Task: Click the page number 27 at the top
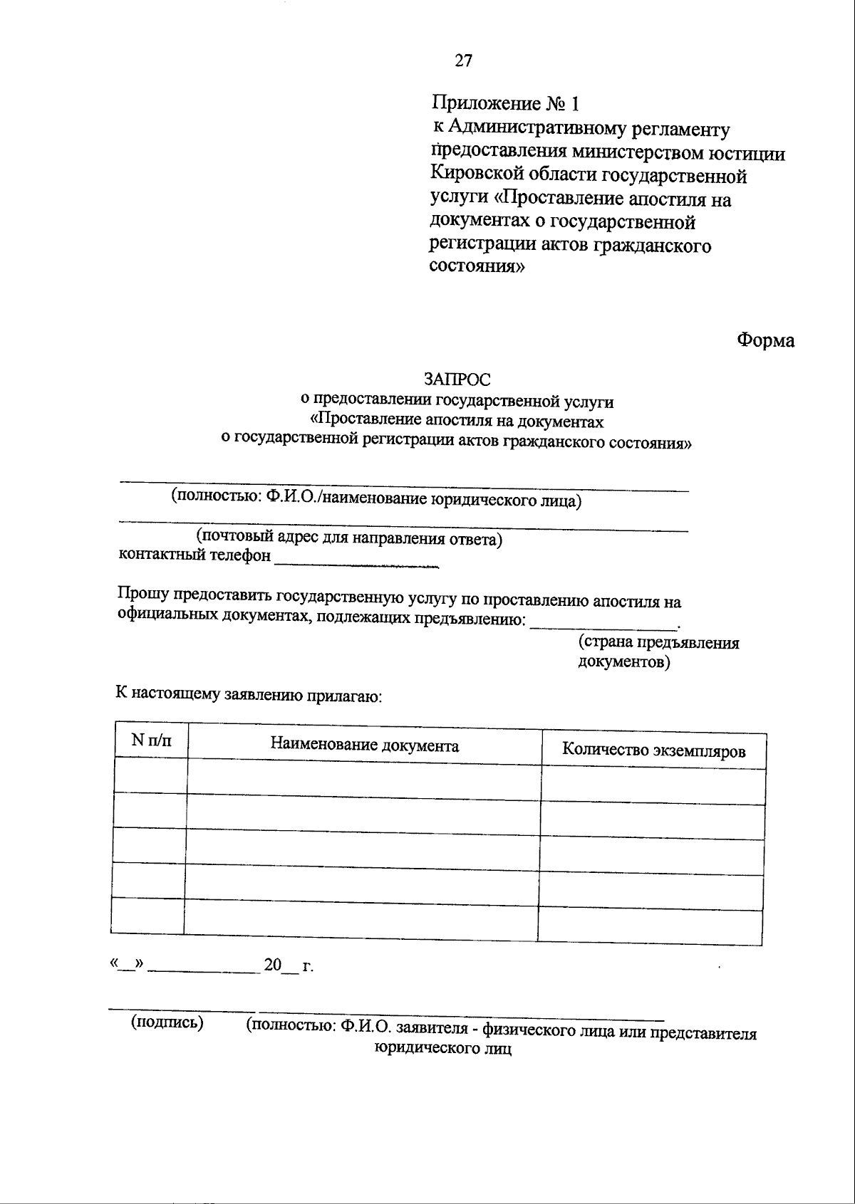[463, 61]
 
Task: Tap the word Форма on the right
[765, 340]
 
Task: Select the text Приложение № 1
[506, 104]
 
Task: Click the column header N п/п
[151, 740]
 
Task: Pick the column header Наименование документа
[364, 745]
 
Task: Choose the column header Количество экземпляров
[653, 750]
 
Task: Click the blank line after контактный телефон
[356, 562]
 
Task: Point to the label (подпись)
[167, 1022]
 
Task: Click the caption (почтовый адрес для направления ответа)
[349, 539]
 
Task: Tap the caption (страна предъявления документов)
[658, 652]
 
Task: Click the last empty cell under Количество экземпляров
[650, 926]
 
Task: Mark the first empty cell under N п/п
[150, 775]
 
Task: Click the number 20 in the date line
[274, 965]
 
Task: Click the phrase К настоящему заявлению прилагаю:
[249, 695]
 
